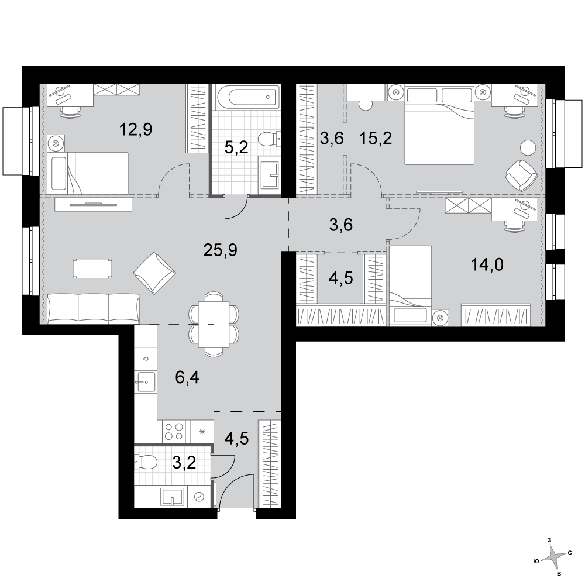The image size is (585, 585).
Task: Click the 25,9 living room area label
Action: [221, 250]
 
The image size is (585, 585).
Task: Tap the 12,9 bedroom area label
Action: [136, 130]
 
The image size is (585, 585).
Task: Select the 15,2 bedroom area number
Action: [376, 139]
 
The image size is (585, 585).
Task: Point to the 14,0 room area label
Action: [487, 265]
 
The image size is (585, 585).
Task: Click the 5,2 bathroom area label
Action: [236, 148]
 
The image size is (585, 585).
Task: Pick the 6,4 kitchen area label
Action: [187, 377]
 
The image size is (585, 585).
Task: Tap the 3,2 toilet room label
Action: [184, 463]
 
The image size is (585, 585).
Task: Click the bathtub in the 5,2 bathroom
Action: [247, 97]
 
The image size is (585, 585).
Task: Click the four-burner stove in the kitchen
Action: [174, 432]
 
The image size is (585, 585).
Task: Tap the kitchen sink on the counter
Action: [146, 381]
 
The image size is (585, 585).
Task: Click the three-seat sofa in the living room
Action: [94, 308]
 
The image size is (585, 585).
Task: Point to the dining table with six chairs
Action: [214, 324]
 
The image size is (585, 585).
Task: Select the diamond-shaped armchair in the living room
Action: [155, 273]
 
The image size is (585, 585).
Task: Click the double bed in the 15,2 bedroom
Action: [439, 125]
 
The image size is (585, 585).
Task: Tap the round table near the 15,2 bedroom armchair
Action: [528, 147]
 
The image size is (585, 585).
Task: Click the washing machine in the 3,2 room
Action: [199, 497]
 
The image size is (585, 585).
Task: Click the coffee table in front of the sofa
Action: [92, 269]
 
